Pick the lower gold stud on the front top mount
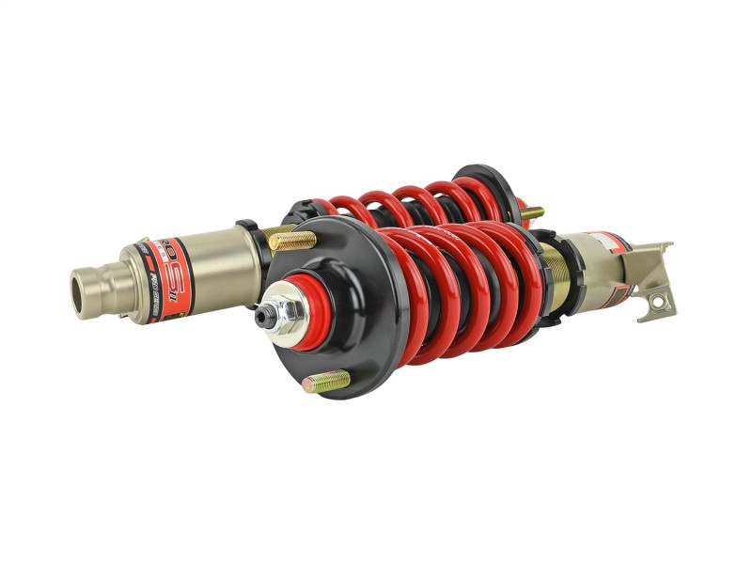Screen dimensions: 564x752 tap(325, 382)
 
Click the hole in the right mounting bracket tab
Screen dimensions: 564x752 tap(657, 301)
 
